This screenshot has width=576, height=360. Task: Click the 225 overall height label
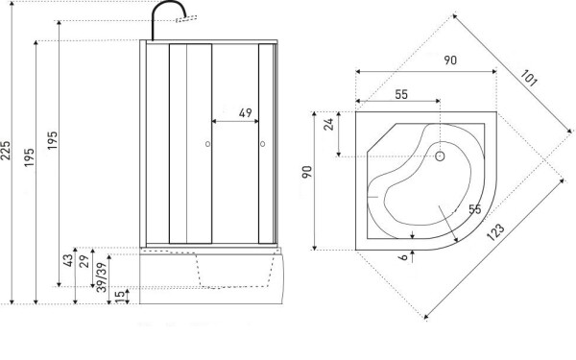click(x=7, y=151)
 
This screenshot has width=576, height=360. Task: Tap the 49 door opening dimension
click(x=246, y=112)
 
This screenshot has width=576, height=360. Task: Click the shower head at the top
click(x=186, y=19)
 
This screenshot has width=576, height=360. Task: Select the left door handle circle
click(x=208, y=144)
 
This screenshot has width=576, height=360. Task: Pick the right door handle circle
click(x=263, y=144)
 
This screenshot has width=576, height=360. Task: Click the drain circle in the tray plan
click(x=440, y=156)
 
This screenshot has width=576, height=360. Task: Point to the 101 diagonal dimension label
click(x=529, y=79)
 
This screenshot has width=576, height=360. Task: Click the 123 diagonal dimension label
click(x=495, y=232)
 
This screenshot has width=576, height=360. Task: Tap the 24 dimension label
click(x=328, y=124)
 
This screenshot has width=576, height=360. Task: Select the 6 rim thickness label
click(x=403, y=256)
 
